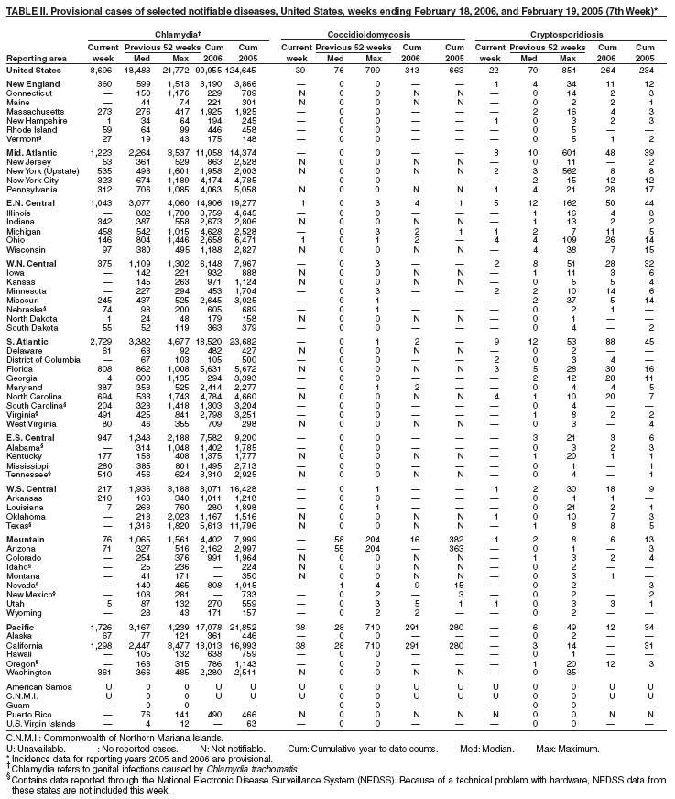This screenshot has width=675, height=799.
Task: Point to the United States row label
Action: (35, 70)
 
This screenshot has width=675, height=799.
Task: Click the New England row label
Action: (33, 84)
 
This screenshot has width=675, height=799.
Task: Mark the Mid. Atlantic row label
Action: (33, 150)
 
